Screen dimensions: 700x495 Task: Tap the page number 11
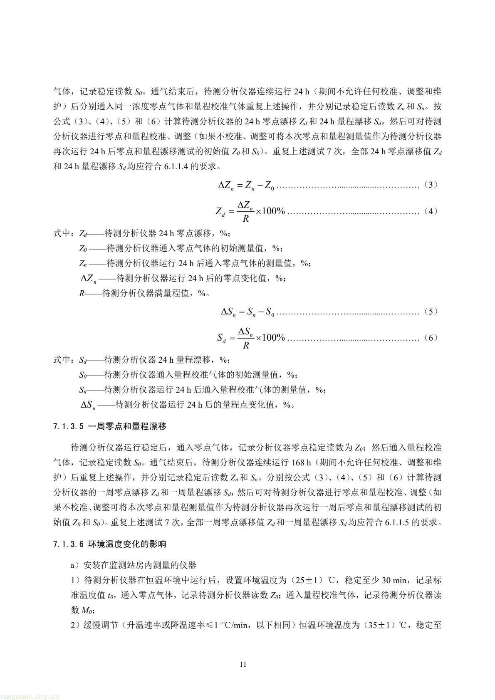coord(243,664)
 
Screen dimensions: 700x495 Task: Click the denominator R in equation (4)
coord(245,218)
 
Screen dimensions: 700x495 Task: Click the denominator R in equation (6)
coord(245,345)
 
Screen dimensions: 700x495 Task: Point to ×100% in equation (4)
coord(270,212)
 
